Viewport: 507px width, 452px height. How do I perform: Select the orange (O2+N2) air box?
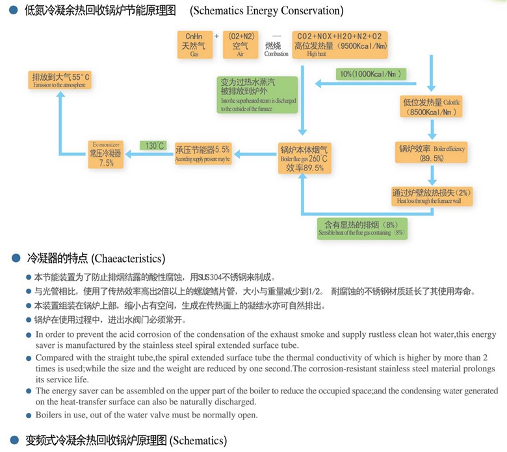[x=241, y=46]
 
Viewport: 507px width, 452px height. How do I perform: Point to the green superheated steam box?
[x=257, y=95]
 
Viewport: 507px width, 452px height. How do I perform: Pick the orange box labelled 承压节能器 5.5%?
[x=203, y=154]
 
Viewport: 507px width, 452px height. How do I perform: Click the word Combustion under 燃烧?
[x=272, y=54]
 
